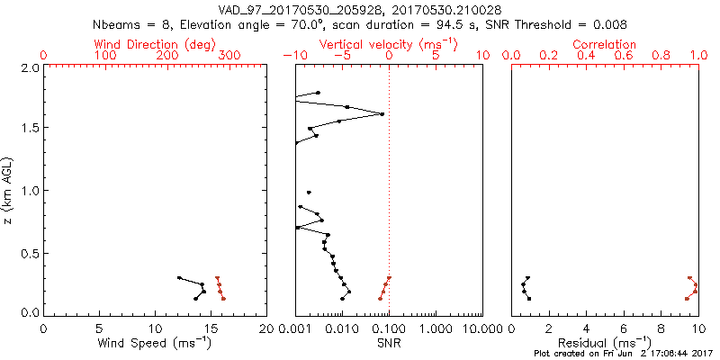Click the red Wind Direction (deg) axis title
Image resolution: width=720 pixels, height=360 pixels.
[x=155, y=44]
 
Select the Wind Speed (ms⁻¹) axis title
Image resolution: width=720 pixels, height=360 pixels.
[x=155, y=343]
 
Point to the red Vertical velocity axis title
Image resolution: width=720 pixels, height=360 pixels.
[x=389, y=44]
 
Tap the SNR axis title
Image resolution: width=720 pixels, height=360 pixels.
[x=389, y=343]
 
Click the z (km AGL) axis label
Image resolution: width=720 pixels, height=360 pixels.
[x=8, y=191]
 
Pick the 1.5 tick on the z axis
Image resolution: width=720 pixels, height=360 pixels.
[x=28, y=128]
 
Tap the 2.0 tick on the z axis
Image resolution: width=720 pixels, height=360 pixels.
[x=28, y=67]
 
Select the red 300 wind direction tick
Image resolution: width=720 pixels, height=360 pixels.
[x=229, y=56]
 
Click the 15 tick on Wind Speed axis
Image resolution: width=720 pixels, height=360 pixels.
[x=211, y=328]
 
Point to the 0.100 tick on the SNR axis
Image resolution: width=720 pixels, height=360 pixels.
[x=389, y=328]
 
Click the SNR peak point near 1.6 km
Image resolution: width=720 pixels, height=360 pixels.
[x=382, y=114]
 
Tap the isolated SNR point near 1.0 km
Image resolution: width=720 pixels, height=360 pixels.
[x=309, y=193]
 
